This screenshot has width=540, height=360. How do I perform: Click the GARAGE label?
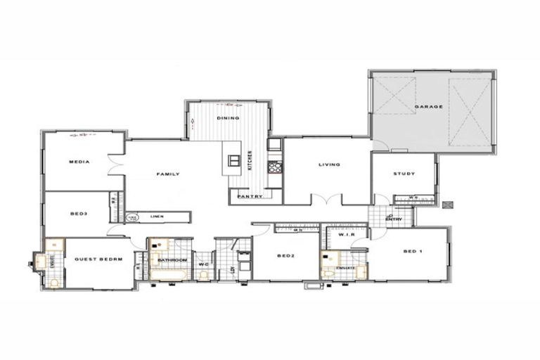click(x=428, y=107)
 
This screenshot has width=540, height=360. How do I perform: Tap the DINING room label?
click(x=228, y=118)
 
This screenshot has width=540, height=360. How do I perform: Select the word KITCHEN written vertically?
click(x=249, y=161)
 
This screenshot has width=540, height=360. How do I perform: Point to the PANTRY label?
click(x=250, y=196)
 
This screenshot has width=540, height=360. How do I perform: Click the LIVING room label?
click(x=329, y=165)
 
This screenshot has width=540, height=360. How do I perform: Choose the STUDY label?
click(x=404, y=174)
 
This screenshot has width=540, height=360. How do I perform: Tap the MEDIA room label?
click(x=79, y=162)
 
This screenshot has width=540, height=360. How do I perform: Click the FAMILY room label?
click(x=167, y=174)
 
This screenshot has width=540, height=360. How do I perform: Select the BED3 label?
click(x=79, y=213)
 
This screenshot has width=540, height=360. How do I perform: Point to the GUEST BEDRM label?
click(x=98, y=259)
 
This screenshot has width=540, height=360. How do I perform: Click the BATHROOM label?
click(x=171, y=260)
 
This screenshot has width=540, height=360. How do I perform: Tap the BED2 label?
click(x=285, y=255)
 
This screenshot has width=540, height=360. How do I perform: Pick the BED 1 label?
click(x=413, y=251)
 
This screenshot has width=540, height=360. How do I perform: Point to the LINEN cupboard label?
click(x=157, y=217)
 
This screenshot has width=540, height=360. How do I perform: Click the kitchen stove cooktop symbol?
click(x=274, y=167)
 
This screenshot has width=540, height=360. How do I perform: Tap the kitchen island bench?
click(x=231, y=158)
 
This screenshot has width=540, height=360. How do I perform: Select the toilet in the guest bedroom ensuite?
click(x=55, y=283)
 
